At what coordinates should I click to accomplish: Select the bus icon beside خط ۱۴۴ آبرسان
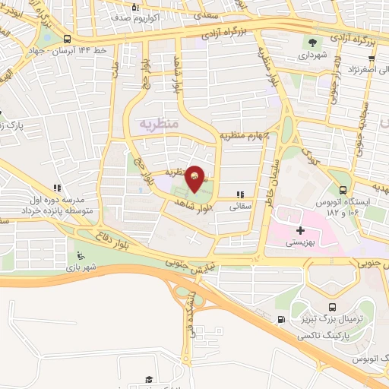68,40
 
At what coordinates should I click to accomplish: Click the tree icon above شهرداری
312,42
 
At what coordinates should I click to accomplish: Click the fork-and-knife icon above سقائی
242,194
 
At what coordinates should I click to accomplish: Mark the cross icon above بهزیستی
299,229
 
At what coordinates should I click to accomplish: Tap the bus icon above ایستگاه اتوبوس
343,190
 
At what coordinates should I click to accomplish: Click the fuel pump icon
281,319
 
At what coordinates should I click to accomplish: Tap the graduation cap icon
150,378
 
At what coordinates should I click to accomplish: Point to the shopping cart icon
134,8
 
